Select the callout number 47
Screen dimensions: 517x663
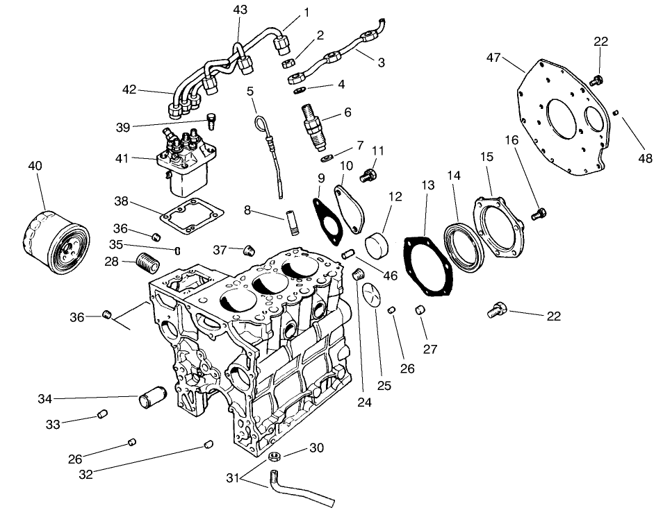[493, 58]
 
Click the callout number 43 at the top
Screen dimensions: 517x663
[240, 10]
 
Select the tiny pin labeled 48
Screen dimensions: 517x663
[616, 112]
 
